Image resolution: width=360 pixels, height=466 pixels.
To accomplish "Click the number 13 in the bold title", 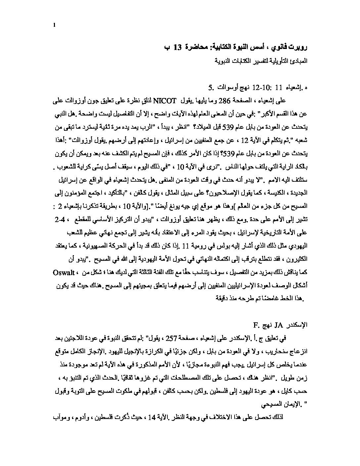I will click(x=177, y=47).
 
